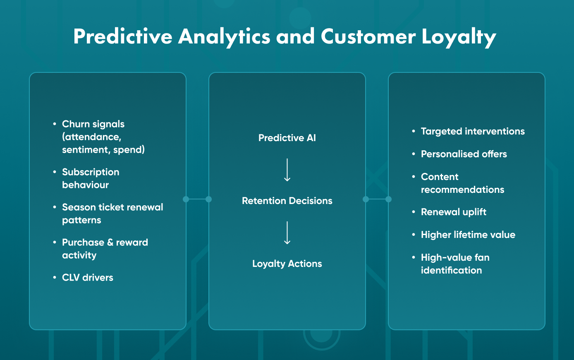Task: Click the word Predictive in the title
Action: coord(122,36)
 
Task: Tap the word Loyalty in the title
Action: coord(459,36)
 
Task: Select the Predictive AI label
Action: coord(287,138)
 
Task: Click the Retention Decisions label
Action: coord(287,201)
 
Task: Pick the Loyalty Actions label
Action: coord(287,264)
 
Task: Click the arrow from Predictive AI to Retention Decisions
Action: coord(287,170)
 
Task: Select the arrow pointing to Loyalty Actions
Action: coord(287,233)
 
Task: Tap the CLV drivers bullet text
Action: coord(88,278)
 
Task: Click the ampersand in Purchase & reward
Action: coord(110,242)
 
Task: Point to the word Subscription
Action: coord(91,172)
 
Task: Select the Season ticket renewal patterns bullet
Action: coord(112,214)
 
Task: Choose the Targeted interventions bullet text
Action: coord(473,132)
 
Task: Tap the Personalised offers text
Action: coord(464,154)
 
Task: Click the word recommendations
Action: coord(462,190)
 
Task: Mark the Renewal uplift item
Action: coord(453,212)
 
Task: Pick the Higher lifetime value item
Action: coord(468,235)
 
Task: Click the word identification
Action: coord(451,270)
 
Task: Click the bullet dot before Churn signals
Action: coord(55,124)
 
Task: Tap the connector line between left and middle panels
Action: coord(197,199)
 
